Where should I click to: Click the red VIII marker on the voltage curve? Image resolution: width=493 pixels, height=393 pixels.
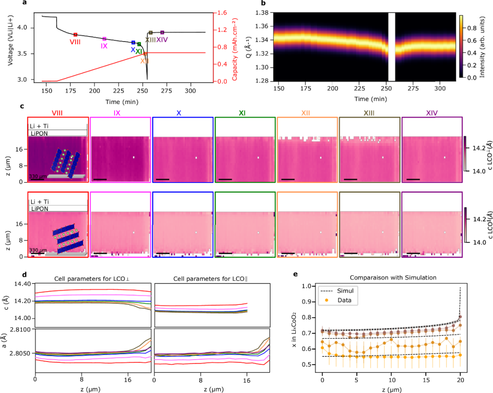coord(75,34)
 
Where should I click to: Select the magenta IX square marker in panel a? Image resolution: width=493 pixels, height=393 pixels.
coord(104,39)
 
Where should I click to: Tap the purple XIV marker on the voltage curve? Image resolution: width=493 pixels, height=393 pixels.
coord(162,32)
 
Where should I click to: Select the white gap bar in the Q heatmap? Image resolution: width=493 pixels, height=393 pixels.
coord(391,47)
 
